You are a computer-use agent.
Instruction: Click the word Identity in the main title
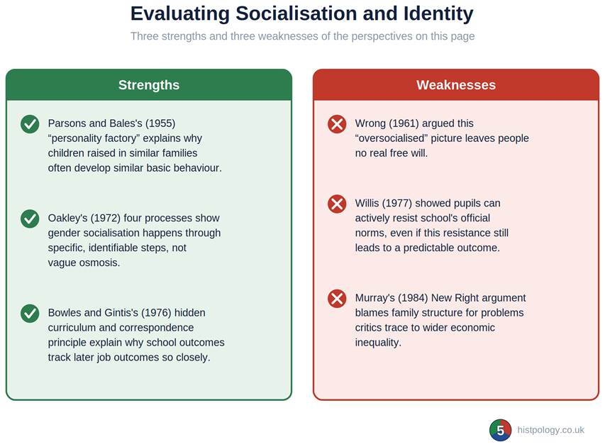click(x=438, y=14)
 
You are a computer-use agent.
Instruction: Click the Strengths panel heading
click(x=149, y=85)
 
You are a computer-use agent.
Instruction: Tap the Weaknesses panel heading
click(x=456, y=85)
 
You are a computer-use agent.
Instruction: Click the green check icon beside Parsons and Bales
click(x=30, y=124)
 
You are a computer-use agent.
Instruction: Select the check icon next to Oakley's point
click(x=30, y=219)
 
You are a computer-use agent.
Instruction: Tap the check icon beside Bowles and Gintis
click(x=30, y=314)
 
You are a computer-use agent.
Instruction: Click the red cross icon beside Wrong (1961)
click(x=337, y=124)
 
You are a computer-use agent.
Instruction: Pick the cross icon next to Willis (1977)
click(x=337, y=204)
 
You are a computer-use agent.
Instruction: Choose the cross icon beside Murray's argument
click(x=337, y=299)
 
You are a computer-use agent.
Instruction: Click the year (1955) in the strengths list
click(x=160, y=123)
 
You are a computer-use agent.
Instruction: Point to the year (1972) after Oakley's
click(x=106, y=218)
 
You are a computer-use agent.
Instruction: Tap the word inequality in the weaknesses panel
click(x=378, y=343)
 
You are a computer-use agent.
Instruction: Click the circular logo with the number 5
click(x=501, y=430)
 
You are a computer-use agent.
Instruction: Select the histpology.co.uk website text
click(x=550, y=430)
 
